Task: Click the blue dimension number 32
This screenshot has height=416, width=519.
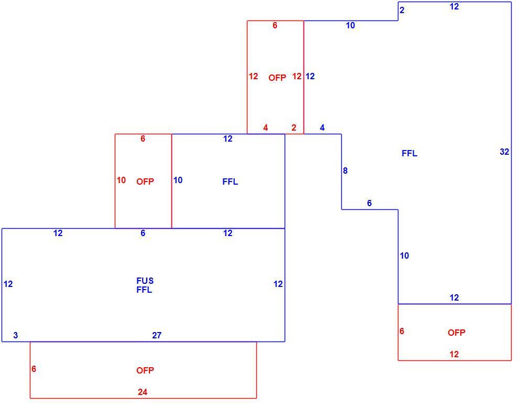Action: pyautogui.click(x=504, y=152)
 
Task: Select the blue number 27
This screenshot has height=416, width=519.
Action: pyautogui.click(x=157, y=335)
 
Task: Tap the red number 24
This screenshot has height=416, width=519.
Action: pyautogui.click(x=142, y=392)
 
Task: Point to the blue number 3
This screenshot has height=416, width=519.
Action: pyautogui.click(x=16, y=335)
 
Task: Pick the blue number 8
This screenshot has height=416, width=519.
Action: pyautogui.click(x=345, y=170)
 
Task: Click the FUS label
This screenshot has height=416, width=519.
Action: pyautogui.click(x=145, y=281)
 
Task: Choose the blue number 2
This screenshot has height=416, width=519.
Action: pyautogui.click(x=402, y=10)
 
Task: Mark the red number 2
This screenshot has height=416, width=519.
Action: pyautogui.click(x=294, y=127)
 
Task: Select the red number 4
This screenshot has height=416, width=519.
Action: pyautogui.click(x=265, y=127)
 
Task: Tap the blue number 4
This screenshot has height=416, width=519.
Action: pyautogui.click(x=322, y=127)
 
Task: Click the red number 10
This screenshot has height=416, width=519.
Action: pyautogui.click(x=121, y=180)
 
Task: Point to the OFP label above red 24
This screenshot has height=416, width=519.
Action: pyautogui.click(x=145, y=370)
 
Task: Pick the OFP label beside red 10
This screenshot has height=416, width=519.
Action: pyautogui.click(x=145, y=182)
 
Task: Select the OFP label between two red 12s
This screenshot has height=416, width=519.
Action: pyautogui.click(x=277, y=78)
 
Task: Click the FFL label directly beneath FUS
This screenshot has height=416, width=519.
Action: pyautogui.click(x=144, y=290)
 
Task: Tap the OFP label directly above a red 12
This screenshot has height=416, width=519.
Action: pyautogui.click(x=457, y=333)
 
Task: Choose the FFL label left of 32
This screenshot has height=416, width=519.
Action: pyautogui.click(x=409, y=153)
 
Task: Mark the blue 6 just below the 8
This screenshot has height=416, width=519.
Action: pyautogui.click(x=370, y=203)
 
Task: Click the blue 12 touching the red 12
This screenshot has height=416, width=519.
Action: pyautogui.click(x=310, y=76)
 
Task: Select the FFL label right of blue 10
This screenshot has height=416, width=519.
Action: pyautogui.click(x=230, y=182)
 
